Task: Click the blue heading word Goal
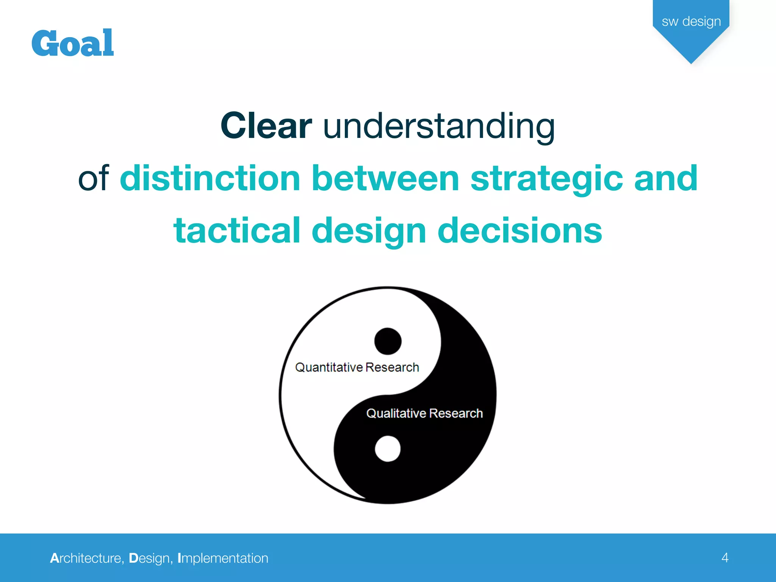click(x=72, y=43)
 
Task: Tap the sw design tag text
click(x=691, y=22)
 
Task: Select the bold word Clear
click(x=266, y=126)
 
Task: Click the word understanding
click(x=439, y=127)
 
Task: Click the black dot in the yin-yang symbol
click(x=388, y=341)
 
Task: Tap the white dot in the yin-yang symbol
click(x=388, y=449)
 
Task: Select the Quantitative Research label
click(x=357, y=367)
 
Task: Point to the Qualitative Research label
click(x=424, y=413)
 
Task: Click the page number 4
click(x=725, y=558)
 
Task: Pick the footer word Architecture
click(x=86, y=558)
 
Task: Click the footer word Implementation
click(x=223, y=559)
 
